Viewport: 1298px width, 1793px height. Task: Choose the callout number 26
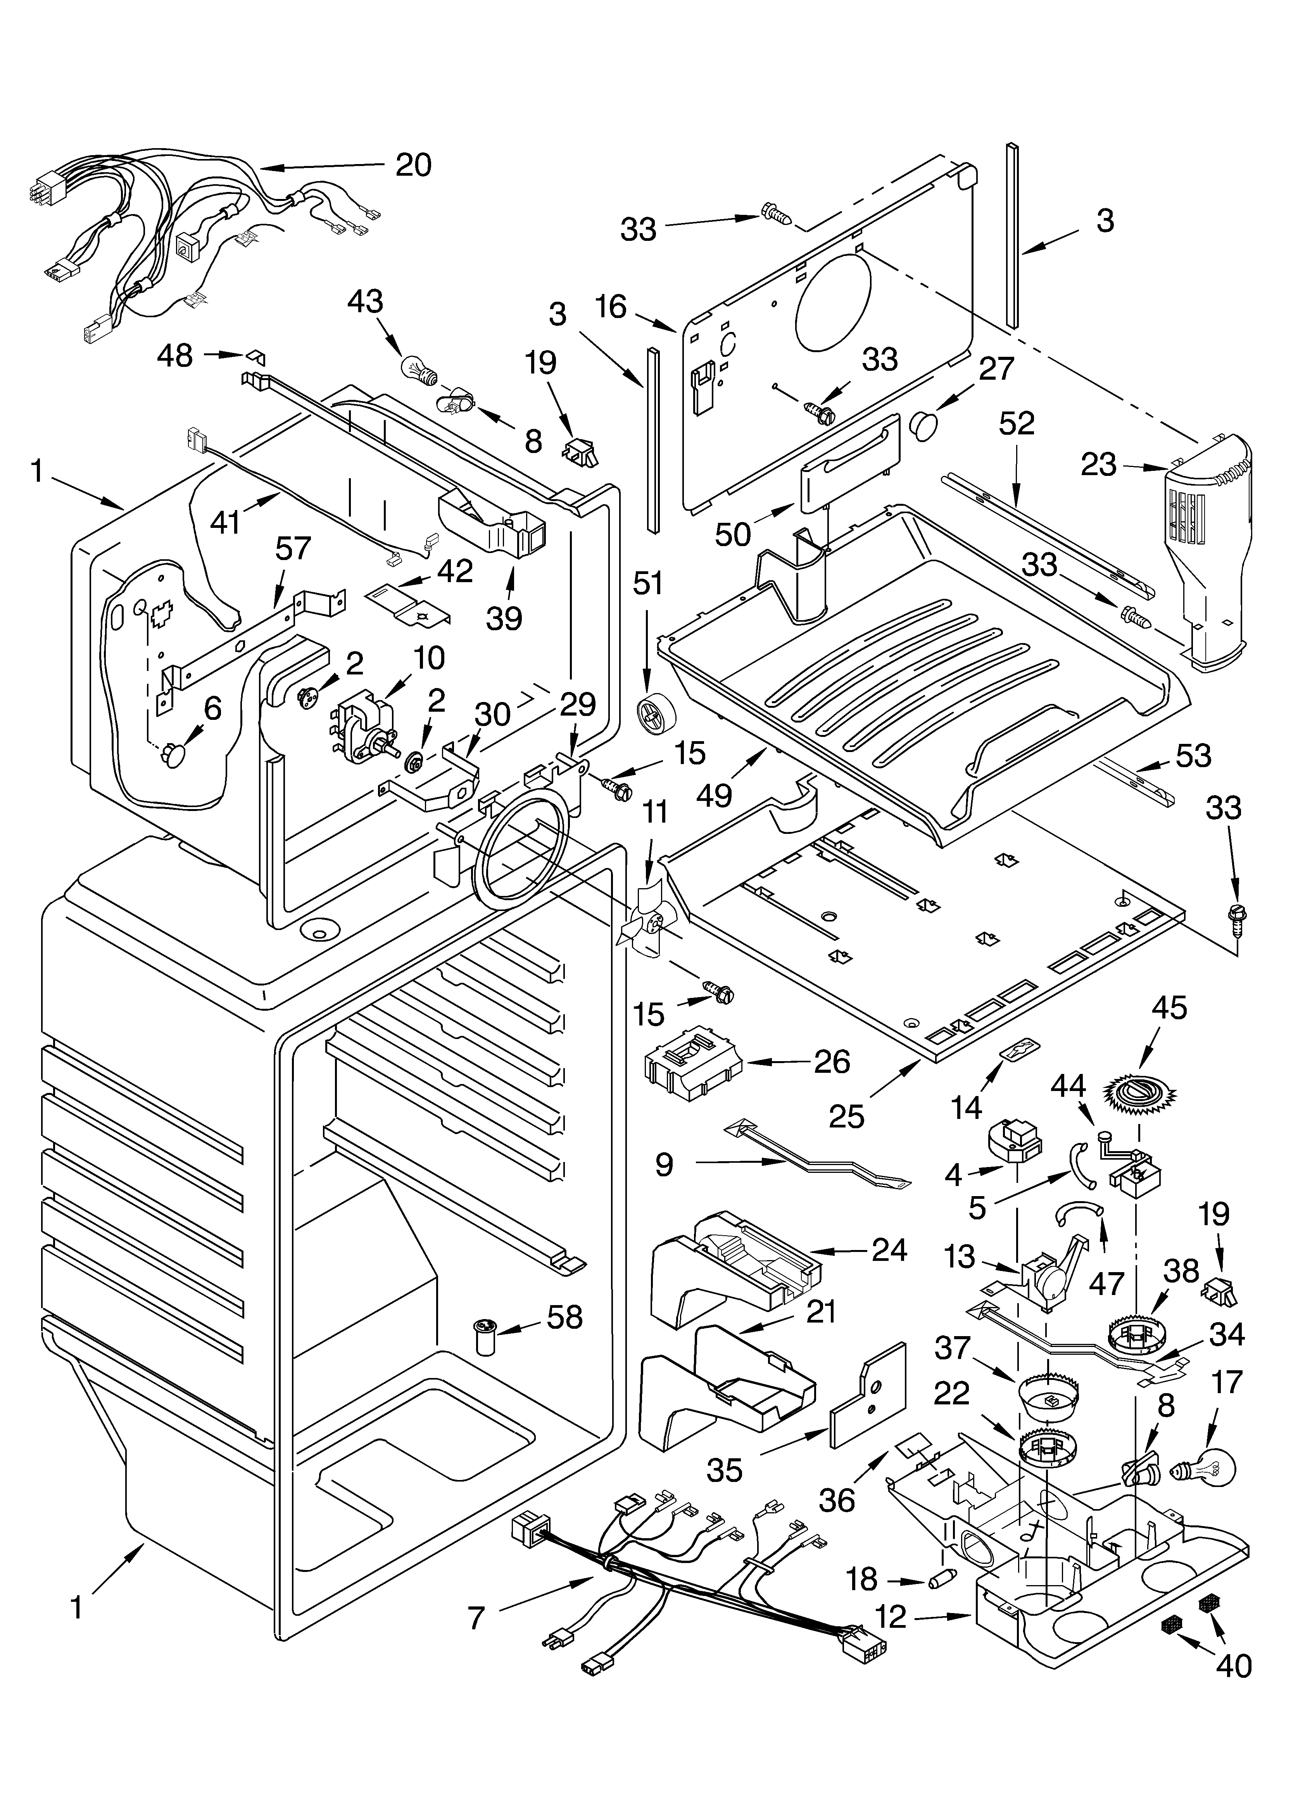pyautogui.click(x=832, y=1062)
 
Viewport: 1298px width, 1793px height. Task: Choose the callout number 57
pyautogui.click(x=292, y=549)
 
